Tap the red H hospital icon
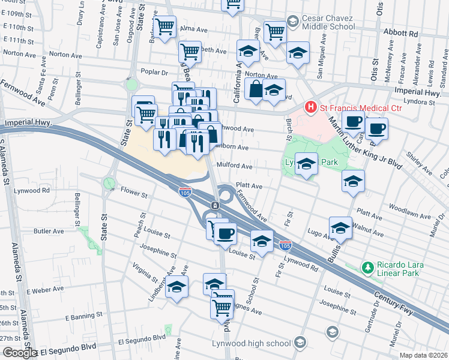coord(310,108)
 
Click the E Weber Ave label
coord(47,290)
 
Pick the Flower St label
coord(134,194)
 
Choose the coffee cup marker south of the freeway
coord(224,233)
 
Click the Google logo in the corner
coord(19,353)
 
